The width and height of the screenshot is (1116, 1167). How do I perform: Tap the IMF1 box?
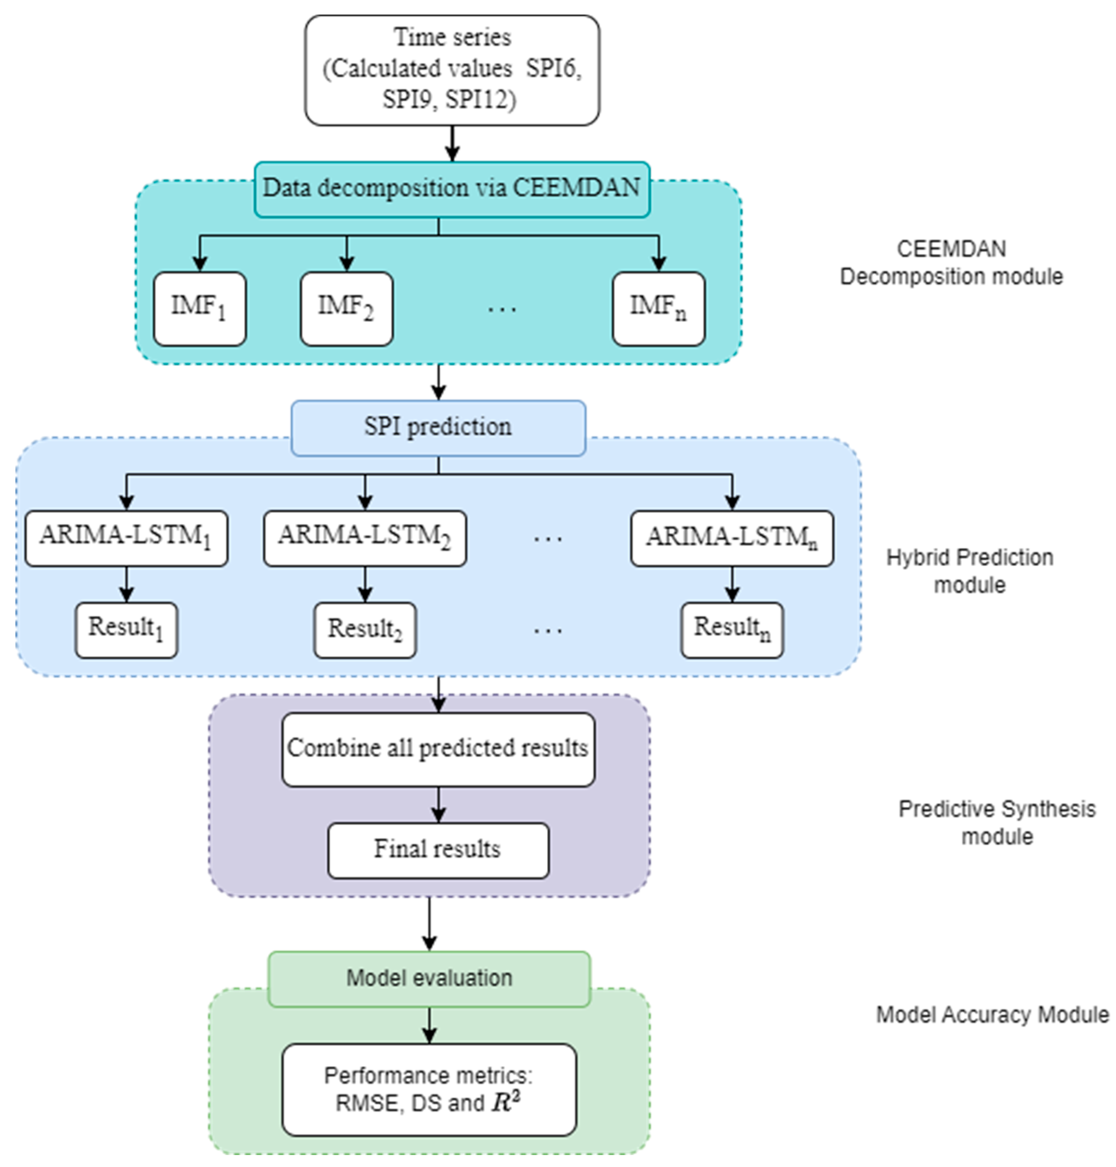pos(200,309)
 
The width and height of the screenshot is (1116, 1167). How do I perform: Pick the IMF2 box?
pos(346,309)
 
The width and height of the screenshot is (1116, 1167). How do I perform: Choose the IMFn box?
pos(659,309)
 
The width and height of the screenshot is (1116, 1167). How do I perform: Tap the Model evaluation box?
pos(429,978)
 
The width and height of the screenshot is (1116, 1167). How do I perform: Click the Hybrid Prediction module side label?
pos(970,571)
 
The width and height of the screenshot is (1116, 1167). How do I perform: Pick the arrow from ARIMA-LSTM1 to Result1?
pos(126,584)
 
